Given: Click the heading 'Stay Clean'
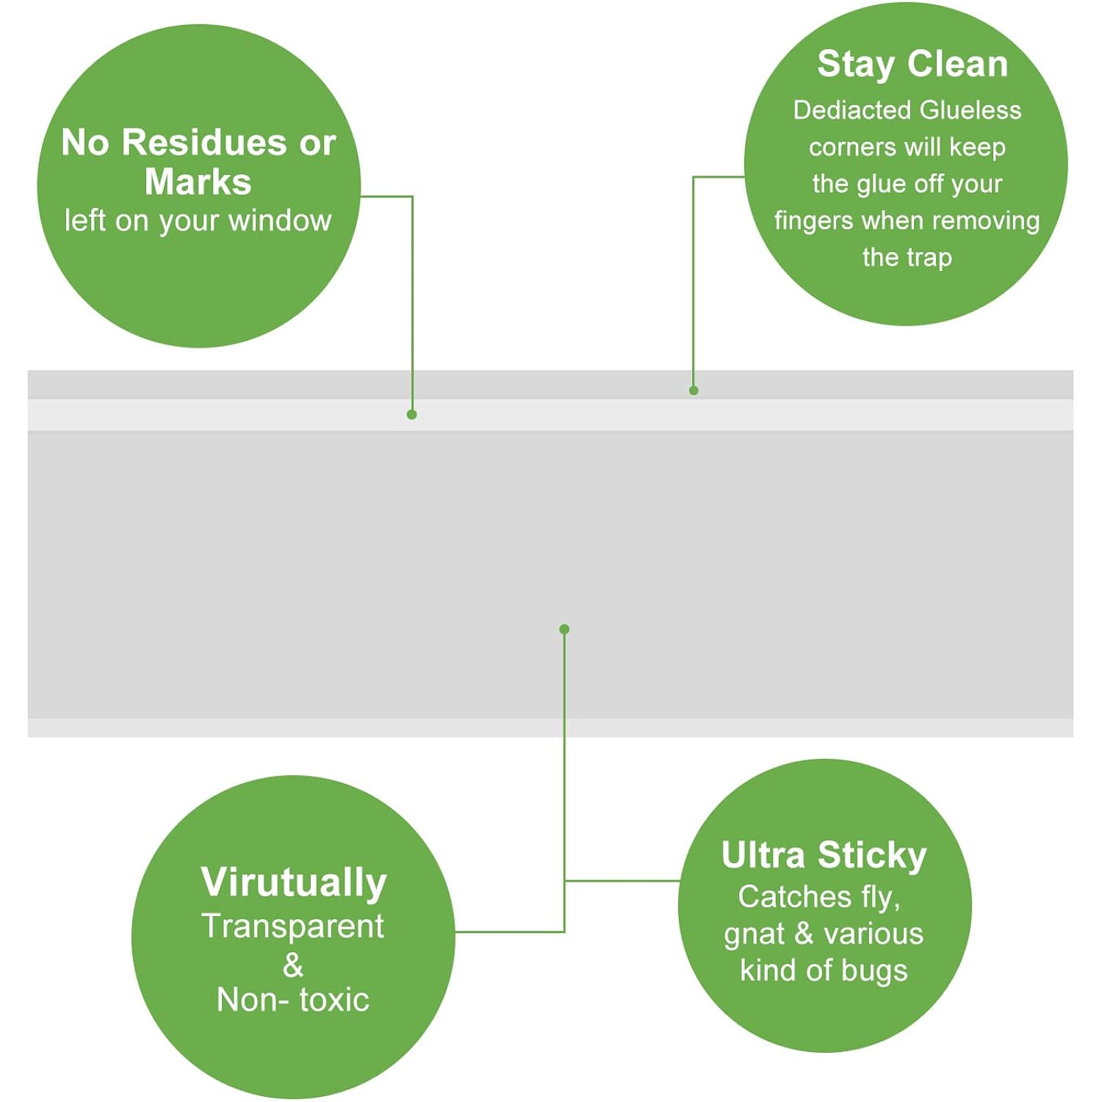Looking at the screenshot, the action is pos(912,64).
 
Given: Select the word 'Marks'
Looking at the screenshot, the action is pos(198,181).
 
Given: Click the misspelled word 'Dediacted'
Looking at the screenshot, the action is pos(853,110).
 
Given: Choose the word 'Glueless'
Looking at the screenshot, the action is pos(970,110).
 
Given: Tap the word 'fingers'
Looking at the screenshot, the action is pos(814,221).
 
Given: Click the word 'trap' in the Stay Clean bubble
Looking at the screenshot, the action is pos(929,258).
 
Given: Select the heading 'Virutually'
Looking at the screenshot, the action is pos(294,882).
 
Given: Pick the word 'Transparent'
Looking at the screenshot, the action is pos(293,926).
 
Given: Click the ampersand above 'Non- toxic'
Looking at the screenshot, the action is pos(293,965).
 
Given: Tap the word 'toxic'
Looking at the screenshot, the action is pos(334,1000).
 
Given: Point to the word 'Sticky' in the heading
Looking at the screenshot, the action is pos(872,856).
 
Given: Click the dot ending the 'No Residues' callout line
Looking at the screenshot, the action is pos(412,415).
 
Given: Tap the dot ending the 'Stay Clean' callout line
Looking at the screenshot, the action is pos(694,390).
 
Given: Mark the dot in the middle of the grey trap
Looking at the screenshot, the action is pos(564,629).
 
